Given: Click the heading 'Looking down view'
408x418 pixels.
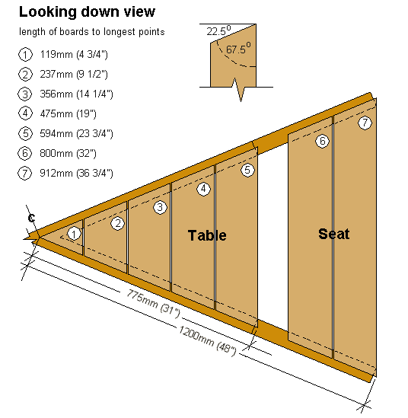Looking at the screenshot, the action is pos(87,12).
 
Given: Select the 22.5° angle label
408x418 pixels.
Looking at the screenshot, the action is pos(218,31).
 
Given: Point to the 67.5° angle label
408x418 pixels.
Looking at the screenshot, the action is pos(238,49).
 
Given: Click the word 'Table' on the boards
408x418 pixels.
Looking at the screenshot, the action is pos(207,235).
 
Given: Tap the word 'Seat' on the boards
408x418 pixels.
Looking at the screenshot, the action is pos(333,234).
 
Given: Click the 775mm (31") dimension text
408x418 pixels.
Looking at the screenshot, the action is pos(153,304).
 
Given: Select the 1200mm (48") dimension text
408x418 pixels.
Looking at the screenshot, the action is pos(207,341).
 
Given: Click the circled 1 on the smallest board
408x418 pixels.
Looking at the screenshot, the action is pos(74,234).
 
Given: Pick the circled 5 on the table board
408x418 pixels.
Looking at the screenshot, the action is pos(247,170).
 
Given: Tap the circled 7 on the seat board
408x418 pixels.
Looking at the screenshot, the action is pos(365,123).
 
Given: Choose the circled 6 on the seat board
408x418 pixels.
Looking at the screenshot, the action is pos(322,141).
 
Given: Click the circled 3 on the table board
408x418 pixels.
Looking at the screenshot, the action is pos(160,207).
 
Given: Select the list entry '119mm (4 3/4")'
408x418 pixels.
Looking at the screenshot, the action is pos(74,54).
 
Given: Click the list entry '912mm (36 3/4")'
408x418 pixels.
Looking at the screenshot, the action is pos(76,174).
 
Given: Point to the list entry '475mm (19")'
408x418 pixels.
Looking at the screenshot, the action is pos(68,114).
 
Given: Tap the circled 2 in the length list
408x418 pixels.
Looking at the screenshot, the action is pos(25,75).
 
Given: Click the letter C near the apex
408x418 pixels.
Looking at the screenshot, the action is pos(31,218).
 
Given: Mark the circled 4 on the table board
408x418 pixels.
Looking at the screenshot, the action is pos(203,189).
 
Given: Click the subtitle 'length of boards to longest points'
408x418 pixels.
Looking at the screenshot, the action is pos(91,32).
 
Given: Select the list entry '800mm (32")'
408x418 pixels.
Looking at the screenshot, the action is pos(68,154).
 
